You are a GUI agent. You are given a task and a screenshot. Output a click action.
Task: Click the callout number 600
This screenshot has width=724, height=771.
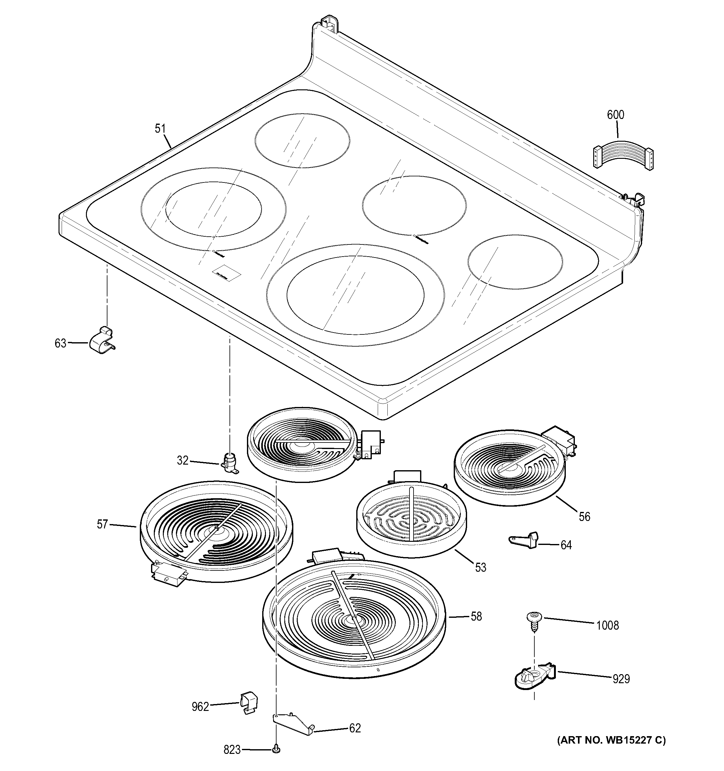tap(615, 115)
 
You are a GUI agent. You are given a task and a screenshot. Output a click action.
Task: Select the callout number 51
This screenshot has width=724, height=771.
tap(160, 128)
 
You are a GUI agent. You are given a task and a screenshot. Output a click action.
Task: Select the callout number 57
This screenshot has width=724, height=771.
tap(102, 524)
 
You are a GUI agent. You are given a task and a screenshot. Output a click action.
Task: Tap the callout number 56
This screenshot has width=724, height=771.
tap(584, 516)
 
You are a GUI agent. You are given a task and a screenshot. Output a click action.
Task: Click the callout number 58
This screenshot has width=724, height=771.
tap(476, 616)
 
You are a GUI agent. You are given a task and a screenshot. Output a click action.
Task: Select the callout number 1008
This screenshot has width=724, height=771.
tap(607, 625)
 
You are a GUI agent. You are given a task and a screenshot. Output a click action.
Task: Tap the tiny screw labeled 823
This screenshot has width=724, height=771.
tap(276, 750)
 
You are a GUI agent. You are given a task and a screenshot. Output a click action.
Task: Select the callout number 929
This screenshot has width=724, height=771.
tap(621, 679)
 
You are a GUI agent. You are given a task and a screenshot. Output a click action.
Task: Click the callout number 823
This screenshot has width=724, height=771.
tap(232, 750)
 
